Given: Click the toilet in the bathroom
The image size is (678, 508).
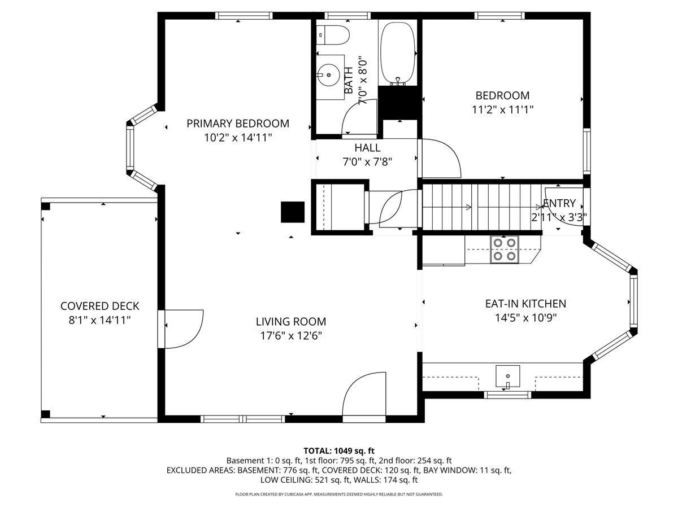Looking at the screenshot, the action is [333, 35].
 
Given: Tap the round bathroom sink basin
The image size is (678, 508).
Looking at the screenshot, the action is [328, 75].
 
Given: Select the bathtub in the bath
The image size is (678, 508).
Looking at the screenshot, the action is [398, 53].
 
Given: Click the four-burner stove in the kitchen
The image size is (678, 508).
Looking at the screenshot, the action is [505, 249].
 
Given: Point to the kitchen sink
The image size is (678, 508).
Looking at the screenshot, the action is [508, 376].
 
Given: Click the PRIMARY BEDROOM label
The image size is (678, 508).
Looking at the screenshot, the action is [238, 124].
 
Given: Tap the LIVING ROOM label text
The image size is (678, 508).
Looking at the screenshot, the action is [290, 322].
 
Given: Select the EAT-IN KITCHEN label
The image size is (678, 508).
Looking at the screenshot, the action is [525, 304].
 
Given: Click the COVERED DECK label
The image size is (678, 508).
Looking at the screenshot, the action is [100, 306].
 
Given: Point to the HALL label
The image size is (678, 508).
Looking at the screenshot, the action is [367, 148].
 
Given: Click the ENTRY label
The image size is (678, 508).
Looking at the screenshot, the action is [559, 203].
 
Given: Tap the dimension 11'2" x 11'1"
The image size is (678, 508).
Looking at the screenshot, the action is [503, 110].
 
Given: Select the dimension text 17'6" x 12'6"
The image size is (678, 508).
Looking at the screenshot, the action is [291, 336].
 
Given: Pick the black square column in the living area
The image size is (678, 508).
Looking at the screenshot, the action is [293, 212].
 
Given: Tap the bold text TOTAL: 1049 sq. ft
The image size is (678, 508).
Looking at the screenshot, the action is [339, 451].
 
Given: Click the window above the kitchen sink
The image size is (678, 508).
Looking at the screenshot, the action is [507, 395].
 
